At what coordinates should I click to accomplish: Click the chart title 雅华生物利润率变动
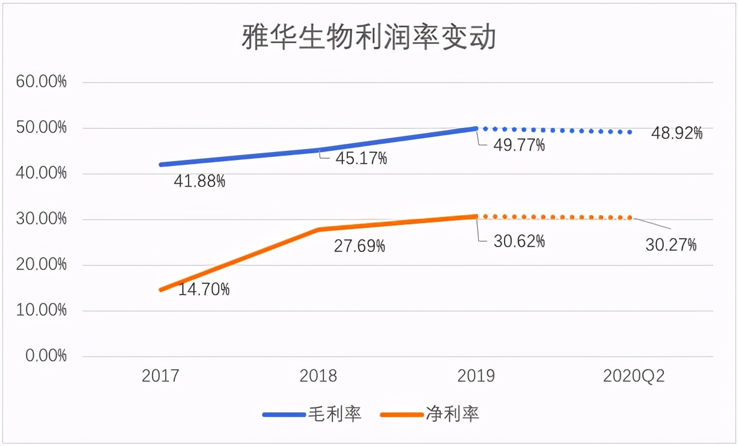pos(369,37)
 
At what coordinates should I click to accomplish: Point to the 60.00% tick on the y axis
pos(41,82)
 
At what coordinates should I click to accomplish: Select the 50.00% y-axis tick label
pos(41,128)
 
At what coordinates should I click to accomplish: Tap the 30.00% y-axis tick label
pos(41,219)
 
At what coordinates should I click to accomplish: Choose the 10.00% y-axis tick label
pos(41,311)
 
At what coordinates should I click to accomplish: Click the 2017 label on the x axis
pos(160,376)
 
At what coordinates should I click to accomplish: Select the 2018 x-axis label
pos(318,376)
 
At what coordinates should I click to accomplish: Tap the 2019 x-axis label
pos(476,376)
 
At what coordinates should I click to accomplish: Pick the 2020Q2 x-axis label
pos(634,376)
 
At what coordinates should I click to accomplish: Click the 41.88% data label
pos(200,181)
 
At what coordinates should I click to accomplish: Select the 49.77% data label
pos(520,145)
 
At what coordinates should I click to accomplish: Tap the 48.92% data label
pos(677,133)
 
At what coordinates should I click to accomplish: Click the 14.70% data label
pos(204,290)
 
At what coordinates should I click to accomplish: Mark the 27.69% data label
pos(359,246)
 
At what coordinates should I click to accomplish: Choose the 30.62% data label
pos(520,242)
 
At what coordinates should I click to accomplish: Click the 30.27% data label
pos(671,245)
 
